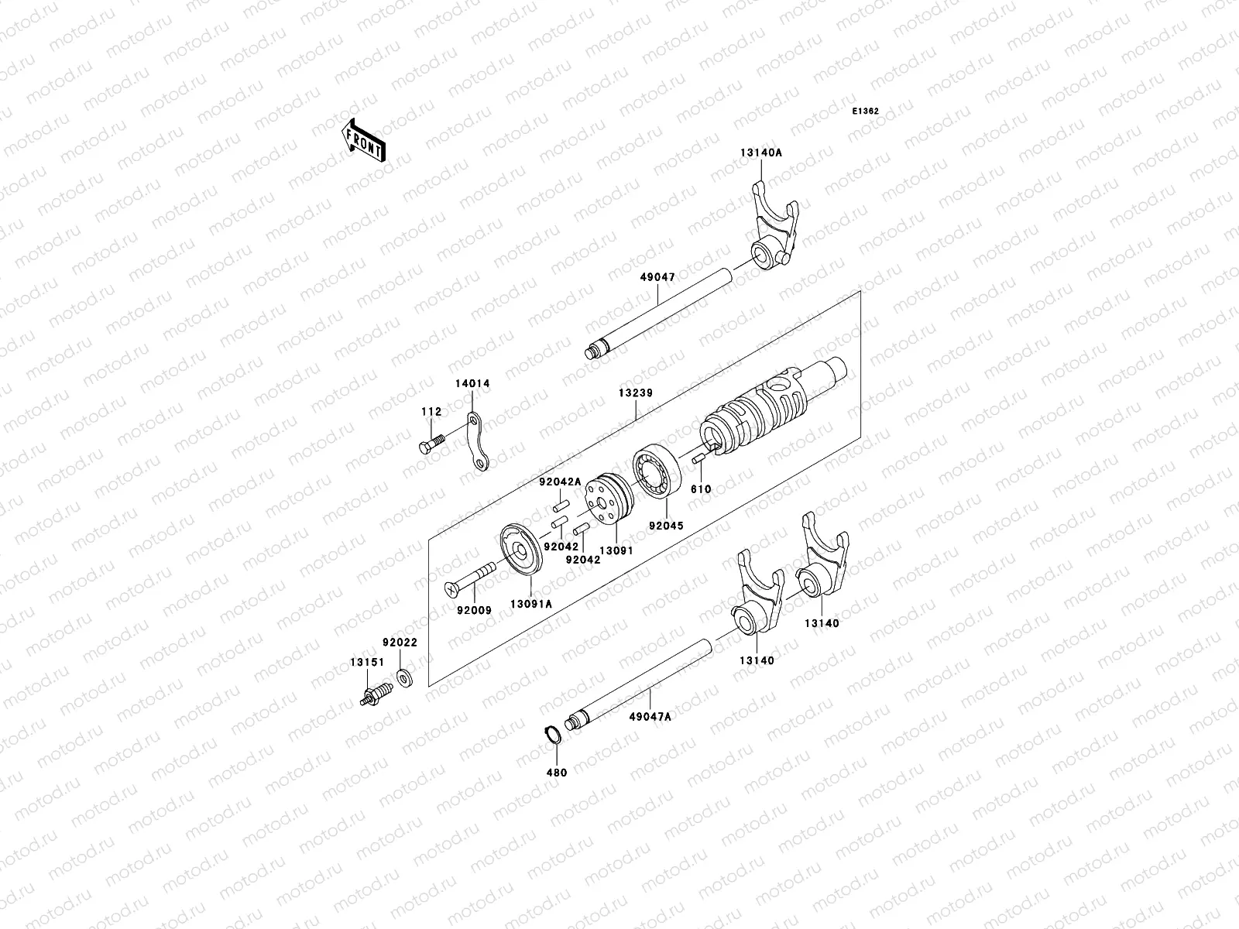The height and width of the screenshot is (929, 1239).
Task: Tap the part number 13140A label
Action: coord(761,153)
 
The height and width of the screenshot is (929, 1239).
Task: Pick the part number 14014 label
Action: coord(472,384)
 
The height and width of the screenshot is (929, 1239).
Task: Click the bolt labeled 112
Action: coord(431,444)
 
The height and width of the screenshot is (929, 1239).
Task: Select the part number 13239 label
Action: coord(635,393)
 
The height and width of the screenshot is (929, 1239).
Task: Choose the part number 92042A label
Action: coord(561,482)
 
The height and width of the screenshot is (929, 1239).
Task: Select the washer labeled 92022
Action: coord(403,678)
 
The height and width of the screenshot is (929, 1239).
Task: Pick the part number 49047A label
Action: coord(650,716)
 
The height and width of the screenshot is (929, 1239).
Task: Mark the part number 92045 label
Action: coord(666,524)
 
